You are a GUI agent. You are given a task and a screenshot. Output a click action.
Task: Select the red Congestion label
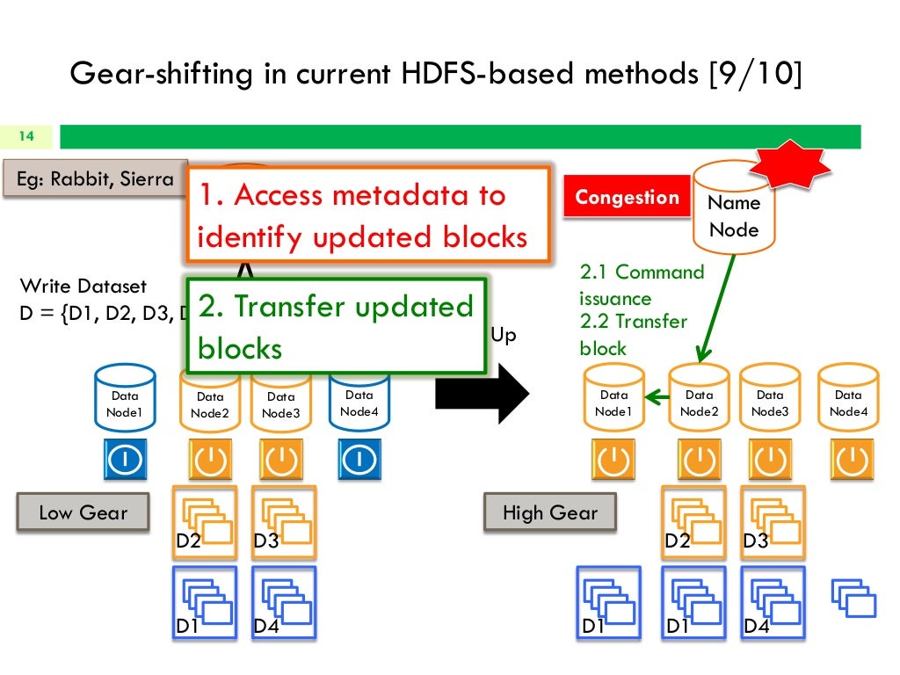click(627, 198)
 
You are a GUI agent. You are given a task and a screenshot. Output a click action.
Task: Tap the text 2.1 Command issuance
click(641, 285)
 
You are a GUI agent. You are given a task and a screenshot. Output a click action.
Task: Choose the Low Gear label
click(83, 512)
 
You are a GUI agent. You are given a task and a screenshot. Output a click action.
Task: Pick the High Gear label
click(549, 512)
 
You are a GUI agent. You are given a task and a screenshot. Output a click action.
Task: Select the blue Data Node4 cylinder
click(359, 401)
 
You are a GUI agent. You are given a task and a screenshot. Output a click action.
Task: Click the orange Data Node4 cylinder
click(848, 401)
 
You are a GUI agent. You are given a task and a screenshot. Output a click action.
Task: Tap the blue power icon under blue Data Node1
click(125, 459)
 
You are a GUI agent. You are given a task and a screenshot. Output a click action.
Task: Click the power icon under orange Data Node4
click(851, 459)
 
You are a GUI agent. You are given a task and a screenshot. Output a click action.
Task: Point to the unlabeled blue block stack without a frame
click(853, 598)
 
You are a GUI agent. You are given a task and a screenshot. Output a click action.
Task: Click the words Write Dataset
click(83, 287)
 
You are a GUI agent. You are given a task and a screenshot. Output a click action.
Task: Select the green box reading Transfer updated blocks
click(337, 326)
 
